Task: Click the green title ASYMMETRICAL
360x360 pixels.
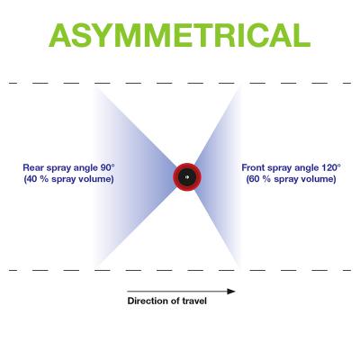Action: point(179,35)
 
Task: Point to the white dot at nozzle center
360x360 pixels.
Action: point(186,177)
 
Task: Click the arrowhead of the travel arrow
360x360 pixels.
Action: point(231,292)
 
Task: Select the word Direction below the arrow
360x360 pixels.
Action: point(146,301)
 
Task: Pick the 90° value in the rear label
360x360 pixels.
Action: point(108,167)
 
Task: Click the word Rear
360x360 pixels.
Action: point(33,167)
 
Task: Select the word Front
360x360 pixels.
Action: point(253,167)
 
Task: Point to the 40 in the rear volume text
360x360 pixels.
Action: point(31,179)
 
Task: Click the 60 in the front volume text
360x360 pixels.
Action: point(254,179)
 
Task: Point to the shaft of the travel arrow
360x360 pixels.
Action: point(177,292)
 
